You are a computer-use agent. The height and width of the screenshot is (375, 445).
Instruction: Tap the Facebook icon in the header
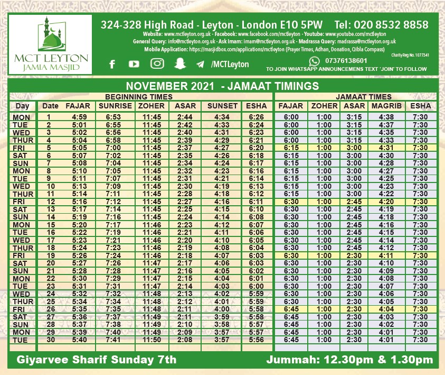coord(112,64)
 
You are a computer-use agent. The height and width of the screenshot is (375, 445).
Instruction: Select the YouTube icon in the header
coord(134,64)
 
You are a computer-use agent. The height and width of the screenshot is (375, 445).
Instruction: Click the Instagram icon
coord(157,63)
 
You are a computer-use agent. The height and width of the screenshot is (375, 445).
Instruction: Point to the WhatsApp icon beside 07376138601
coord(315,61)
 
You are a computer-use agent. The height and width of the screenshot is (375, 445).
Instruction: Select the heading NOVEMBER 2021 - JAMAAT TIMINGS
coord(222,86)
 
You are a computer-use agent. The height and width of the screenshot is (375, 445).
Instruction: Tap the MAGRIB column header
coord(385,106)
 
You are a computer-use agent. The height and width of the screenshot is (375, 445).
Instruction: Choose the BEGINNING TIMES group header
coord(138,97)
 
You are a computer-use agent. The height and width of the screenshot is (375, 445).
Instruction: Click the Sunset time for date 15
coord(218,224)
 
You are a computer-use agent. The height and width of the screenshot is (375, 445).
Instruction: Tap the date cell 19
coord(51,255)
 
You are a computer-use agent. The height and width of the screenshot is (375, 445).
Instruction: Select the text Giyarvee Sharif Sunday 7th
coord(97,360)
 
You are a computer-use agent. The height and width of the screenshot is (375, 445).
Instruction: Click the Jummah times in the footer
coord(350,360)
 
